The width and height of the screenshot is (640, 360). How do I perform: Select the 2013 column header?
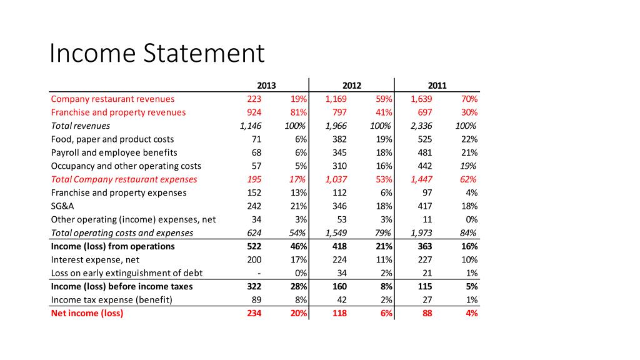[267, 86]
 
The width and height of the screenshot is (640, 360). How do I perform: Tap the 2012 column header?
[352, 86]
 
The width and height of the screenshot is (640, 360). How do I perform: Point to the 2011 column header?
[437, 86]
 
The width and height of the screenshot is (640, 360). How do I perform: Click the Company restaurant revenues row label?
[112, 99]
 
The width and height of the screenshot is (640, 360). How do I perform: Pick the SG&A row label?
[62, 206]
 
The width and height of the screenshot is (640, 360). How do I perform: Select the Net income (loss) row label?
[87, 313]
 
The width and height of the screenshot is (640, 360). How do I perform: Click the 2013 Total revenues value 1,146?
[251, 126]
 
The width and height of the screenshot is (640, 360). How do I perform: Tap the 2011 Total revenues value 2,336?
[421, 126]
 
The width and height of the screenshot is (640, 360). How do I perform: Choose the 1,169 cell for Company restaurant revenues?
[336, 99]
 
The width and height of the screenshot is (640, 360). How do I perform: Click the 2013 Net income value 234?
[254, 313]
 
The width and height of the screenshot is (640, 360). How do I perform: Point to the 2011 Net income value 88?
[427, 313]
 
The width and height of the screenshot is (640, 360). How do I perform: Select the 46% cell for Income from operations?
[298, 246]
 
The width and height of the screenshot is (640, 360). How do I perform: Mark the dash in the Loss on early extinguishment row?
[259, 273]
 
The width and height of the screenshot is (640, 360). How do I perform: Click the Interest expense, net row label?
[95, 259]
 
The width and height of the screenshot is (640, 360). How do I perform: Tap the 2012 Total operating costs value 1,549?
[336, 233]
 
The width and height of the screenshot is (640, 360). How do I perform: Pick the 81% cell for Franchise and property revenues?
[298, 112]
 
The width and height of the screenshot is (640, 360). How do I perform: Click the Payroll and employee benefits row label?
[114, 152]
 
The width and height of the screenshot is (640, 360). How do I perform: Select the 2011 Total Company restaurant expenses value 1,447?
[421, 179]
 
